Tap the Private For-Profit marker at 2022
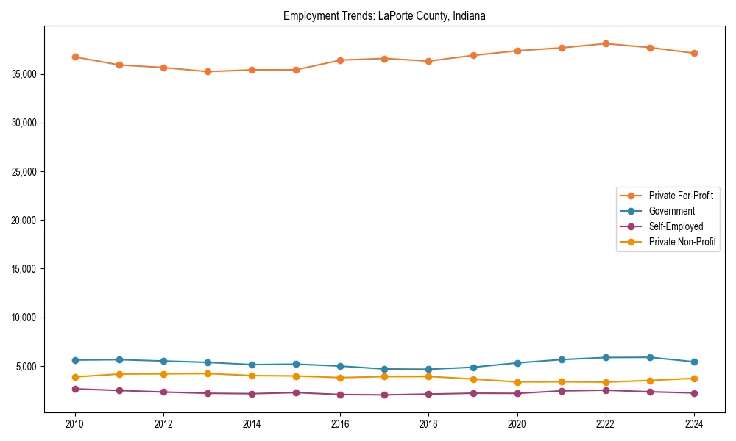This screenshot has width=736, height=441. [x=606, y=43]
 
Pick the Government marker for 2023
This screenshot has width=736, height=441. [x=650, y=357]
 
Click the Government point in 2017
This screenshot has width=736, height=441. [x=384, y=369]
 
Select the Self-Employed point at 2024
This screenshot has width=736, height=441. [x=694, y=393]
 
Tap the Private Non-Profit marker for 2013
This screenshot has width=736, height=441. [x=208, y=373]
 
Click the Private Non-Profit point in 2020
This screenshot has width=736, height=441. [x=517, y=382]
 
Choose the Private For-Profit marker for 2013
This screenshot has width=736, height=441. [x=208, y=71]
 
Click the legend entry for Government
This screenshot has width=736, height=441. [x=671, y=211]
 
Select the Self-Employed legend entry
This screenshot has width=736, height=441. [x=676, y=226]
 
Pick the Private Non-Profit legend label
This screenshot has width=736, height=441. [x=682, y=242]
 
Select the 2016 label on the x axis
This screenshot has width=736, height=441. [x=340, y=424]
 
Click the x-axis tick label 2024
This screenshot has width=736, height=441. [x=694, y=424]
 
